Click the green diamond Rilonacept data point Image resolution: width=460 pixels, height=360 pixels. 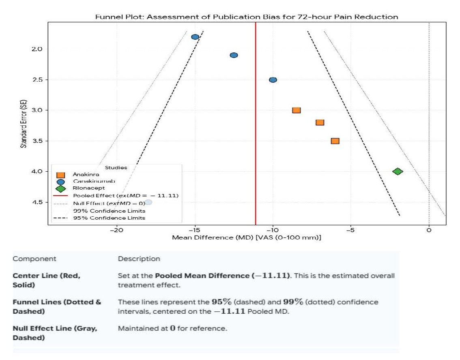click(x=398, y=171)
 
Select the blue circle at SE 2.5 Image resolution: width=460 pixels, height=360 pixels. click(x=273, y=80)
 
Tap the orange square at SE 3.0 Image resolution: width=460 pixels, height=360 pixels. click(x=297, y=110)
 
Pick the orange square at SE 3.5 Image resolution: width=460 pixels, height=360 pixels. click(x=335, y=141)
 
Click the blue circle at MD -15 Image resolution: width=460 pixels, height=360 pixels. click(x=195, y=37)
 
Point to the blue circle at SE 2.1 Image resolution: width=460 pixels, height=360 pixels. click(x=234, y=55)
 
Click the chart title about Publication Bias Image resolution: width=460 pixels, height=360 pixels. click(x=247, y=17)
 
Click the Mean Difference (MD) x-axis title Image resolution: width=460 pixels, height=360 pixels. click(x=247, y=237)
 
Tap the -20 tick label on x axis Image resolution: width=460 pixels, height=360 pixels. click(x=117, y=230)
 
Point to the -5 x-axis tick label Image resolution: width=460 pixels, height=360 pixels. click(x=351, y=230)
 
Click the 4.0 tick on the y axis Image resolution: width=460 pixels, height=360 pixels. click(x=37, y=171)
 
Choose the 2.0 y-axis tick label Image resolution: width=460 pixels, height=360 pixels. click(x=37, y=49)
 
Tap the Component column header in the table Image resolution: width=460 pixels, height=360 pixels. click(x=34, y=259)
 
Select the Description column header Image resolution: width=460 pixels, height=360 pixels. click(x=139, y=259)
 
